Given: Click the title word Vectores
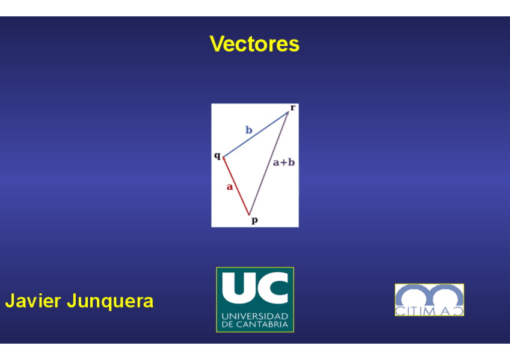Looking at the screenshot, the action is (254, 44).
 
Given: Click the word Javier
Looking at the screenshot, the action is (33, 301).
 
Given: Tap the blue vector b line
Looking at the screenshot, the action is (256, 135).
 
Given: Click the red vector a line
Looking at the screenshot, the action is (236, 186).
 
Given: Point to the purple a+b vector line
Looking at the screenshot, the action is (269, 163).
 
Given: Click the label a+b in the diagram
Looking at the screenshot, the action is (284, 162).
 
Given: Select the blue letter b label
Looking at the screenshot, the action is (249, 130).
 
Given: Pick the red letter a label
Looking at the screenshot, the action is (230, 187).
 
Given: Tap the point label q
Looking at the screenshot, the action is (217, 156).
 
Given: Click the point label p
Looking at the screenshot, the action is (254, 221).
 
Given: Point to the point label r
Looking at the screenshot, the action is (293, 108).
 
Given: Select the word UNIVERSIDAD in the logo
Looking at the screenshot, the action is (255, 316).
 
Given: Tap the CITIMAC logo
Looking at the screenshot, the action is (429, 299).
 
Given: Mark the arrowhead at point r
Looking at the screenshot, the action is (288, 113).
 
